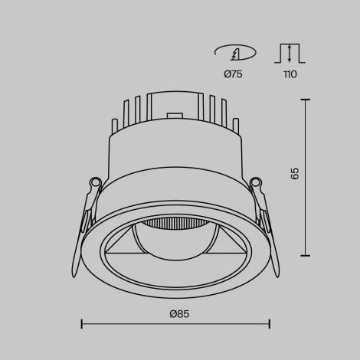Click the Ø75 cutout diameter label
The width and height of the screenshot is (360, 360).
[x=234, y=74]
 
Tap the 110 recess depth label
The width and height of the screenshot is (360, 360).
[x=290, y=74]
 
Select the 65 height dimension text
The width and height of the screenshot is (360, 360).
[x=296, y=174]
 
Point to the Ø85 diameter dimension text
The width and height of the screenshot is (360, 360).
[x=179, y=313]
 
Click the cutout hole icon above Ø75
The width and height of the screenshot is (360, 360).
[x=234, y=53]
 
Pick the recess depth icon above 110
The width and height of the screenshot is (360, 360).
[x=290, y=53]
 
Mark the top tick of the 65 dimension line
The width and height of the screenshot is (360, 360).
[x=306, y=100]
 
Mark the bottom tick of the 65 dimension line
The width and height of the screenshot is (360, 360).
[x=306, y=256]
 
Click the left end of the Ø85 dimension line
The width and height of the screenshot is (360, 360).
[x=82, y=325]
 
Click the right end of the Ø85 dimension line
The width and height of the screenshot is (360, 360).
[x=270, y=325]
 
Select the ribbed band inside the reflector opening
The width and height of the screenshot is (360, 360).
[x=175, y=224]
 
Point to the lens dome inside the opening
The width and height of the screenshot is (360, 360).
[x=175, y=245]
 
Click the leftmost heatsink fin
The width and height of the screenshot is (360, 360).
[x=115, y=126]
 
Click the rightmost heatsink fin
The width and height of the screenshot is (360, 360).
[x=237, y=126]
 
